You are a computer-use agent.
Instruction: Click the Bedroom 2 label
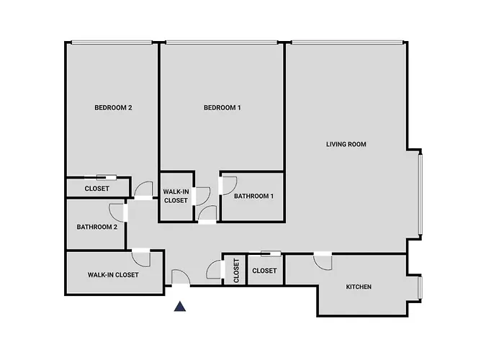113,108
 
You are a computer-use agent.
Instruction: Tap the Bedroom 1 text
222,108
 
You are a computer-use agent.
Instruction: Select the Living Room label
346,144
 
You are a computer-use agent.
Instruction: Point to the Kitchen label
359,287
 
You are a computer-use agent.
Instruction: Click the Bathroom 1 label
253,196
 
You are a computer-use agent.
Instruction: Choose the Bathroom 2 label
96,227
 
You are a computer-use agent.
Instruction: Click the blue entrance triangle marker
180,307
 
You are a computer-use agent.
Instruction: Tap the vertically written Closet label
236,271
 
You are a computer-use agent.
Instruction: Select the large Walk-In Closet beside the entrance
113,275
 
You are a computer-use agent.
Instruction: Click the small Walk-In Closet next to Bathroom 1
176,196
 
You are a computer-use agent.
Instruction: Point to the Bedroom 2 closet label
96,189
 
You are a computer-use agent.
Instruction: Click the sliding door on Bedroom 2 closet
107,177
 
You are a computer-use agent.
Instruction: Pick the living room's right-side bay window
420,194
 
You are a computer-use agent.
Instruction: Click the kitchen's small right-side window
420,288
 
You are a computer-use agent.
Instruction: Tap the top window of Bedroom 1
222,42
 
